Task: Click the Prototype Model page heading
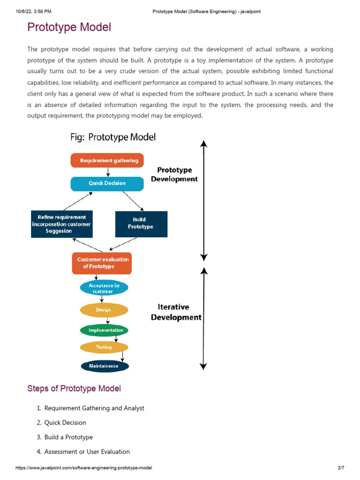coord(69,27)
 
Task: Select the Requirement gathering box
coord(107,160)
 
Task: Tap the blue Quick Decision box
coord(107,183)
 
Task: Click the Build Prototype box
coord(141,224)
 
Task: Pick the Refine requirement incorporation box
coord(61,224)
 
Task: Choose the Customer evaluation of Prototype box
coord(102,263)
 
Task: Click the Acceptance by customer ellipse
coord(104,288)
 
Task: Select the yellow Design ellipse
coord(104,310)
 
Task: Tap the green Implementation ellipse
coord(104,330)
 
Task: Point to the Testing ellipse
coord(104,347)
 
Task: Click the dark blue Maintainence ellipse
coord(105,366)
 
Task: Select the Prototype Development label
coord(174,174)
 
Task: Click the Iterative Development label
coord(176,312)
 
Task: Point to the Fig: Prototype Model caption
coord(113,137)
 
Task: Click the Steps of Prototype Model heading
coord(74,389)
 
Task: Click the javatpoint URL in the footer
coord(83,468)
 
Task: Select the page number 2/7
coord(341,468)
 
